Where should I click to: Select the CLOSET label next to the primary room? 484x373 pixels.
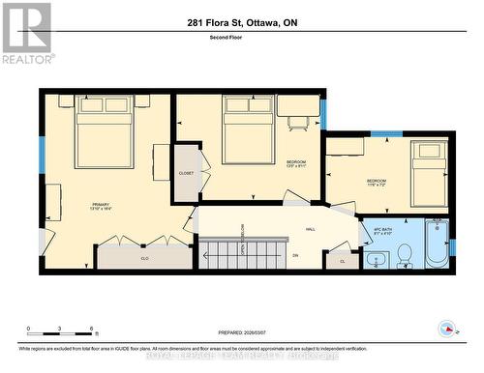coord(186,173)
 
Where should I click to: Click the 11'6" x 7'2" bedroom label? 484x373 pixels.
coord(376,184)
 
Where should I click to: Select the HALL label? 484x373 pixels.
coord(311,229)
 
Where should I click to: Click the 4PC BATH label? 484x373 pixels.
coord(381,232)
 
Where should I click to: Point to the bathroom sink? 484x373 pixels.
coord(375,259)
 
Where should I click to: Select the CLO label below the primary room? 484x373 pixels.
coord(144,258)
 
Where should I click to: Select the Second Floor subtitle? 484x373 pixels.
coord(242,38)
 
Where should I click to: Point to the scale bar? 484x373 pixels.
coord(60,333)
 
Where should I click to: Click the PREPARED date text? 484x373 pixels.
coord(242,334)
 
